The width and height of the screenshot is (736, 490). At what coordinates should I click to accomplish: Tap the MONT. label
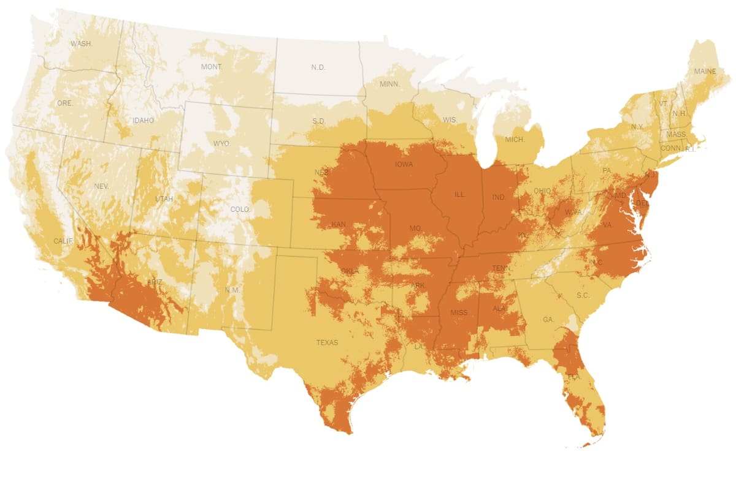[x=212, y=66]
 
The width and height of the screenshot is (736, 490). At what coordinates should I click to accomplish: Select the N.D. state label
[x=318, y=67]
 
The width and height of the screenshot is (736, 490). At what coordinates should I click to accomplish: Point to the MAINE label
[x=705, y=71]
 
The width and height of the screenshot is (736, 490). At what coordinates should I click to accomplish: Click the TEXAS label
[x=327, y=342]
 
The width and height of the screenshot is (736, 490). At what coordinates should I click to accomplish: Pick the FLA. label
[x=574, y=377]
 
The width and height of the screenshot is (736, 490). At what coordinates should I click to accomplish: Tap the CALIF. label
[x=63, y=241]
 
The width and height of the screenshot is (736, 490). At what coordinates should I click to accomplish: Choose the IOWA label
[x=404, y=164]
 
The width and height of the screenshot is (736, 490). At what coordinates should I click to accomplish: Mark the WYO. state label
[x=221, y=143]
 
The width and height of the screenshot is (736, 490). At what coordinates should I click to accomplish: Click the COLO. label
[x=240, y=209]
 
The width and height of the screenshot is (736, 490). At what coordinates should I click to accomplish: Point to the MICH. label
[x=515, y=140]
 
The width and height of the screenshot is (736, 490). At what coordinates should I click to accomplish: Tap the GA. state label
[x=548, y=320]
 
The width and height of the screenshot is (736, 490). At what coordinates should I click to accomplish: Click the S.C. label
[x=583, y=295]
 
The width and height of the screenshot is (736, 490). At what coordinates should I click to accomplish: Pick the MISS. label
[x=459, y=312]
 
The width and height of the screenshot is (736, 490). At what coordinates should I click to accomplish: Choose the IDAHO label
[x=143, y=120]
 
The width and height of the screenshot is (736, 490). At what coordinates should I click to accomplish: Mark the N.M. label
[x=232, y=289]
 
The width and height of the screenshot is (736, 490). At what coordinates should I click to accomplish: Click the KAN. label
[x=339, y=225]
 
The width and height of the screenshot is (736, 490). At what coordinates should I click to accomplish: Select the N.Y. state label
[x=637, y=126]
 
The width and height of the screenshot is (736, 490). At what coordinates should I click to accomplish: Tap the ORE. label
[x=64, y=103]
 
